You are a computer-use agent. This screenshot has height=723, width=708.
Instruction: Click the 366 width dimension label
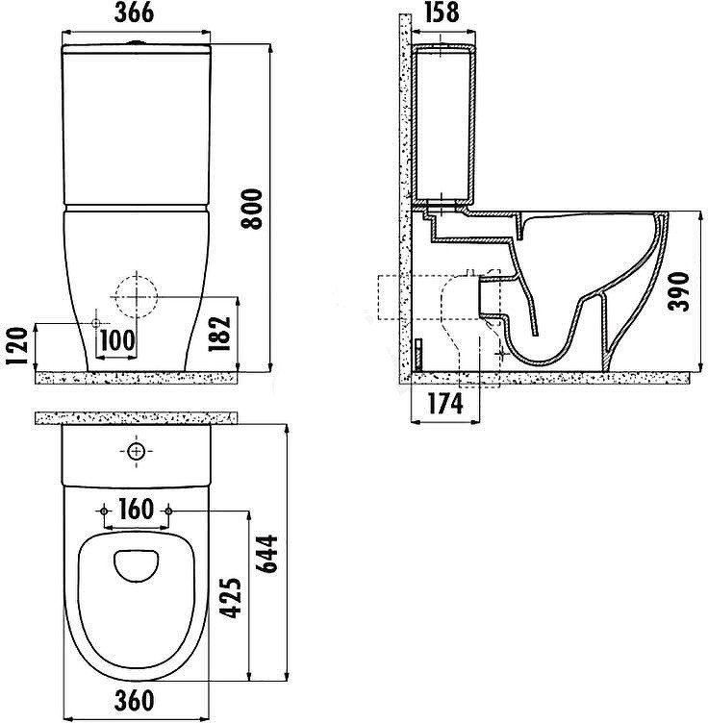click(135, 12)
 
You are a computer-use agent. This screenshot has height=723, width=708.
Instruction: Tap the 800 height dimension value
click(252, 209)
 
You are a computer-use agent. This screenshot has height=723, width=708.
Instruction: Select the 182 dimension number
click(219, 334)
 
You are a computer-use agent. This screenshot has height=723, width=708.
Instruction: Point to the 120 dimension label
click(17, 346)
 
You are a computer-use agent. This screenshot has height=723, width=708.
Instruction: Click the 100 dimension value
click(117, 340)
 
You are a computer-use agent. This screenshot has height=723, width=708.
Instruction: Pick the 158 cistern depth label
click(442, 12)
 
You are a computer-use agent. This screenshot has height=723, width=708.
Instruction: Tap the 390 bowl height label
click(678, 291)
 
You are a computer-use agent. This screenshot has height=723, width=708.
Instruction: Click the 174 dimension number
click(445, 404)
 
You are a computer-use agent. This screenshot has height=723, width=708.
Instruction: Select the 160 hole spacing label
click(136, 509)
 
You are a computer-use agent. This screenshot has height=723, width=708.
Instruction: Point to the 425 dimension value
click(230, 598)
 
